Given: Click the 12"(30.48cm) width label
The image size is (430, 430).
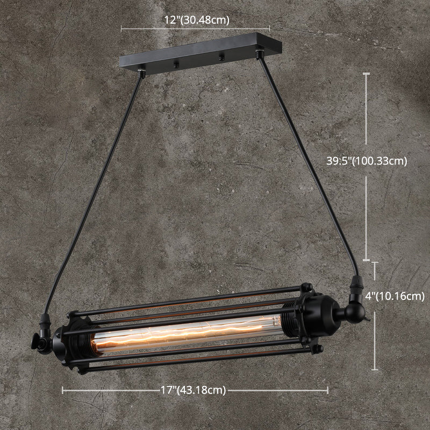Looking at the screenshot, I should coord(197,20).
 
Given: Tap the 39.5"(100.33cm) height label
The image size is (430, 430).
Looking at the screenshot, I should coord(367,160).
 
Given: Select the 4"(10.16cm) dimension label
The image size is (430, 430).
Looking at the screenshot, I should coord(394,295).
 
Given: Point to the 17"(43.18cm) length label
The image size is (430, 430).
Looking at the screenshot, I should coord(196,391).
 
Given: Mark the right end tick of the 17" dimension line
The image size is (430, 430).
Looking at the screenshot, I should coord(328,390).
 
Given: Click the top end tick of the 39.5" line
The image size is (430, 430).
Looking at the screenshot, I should coord(367,74).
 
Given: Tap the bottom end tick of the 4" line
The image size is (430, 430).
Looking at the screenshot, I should coord(375,370).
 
